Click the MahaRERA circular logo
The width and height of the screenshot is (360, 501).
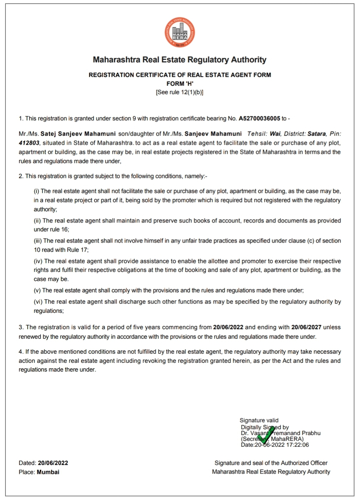(x=179, y=32)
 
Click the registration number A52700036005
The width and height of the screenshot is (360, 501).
(x=259, y=119)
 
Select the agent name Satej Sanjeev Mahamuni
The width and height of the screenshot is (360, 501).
(x=78, y=134)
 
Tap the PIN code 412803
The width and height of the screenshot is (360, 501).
(x=29, y=143)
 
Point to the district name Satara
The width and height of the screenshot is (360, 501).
(x=316, y=134)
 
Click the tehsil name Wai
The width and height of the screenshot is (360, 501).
(x=275, y=134)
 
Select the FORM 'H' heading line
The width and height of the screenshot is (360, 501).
(x=180, y=83)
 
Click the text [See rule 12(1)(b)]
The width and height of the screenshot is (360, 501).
(x=179, y=92)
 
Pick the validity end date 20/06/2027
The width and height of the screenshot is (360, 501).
(x=306, y=327)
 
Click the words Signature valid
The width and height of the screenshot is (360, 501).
(x=259, y=420)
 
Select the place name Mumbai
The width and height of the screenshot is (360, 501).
(x=48, y=472)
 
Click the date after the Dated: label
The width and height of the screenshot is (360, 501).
(x=53, y=463)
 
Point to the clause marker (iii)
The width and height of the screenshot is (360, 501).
(x=38, y=241)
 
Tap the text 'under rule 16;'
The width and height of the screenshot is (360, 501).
(x=51, y=230)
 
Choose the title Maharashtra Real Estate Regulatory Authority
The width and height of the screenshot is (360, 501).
(x=179, y=60)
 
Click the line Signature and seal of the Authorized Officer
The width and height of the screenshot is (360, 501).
(x=271, y=463)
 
